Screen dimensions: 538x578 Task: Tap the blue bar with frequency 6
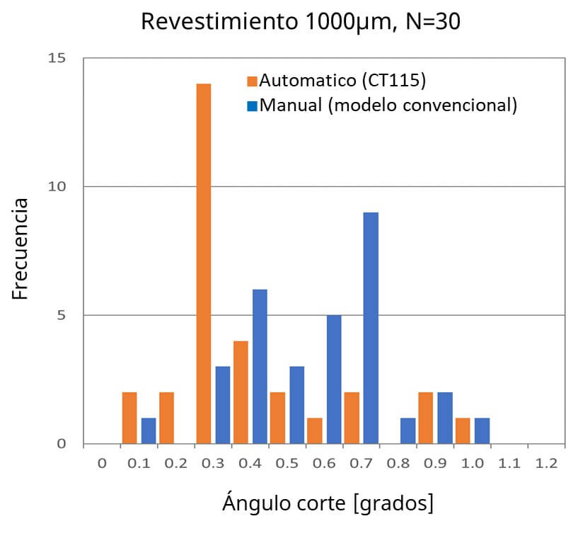260,366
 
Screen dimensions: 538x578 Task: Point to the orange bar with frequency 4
241,392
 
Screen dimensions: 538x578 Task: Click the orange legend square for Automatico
253,81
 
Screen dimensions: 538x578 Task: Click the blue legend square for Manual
253,106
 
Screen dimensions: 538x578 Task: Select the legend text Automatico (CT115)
342,81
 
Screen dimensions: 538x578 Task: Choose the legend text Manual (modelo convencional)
388,105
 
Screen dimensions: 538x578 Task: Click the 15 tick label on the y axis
57,58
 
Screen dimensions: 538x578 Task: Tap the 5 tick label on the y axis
62,316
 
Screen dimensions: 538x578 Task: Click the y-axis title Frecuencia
21,249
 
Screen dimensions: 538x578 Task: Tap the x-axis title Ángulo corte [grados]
328,503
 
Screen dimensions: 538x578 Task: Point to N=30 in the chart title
433,22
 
